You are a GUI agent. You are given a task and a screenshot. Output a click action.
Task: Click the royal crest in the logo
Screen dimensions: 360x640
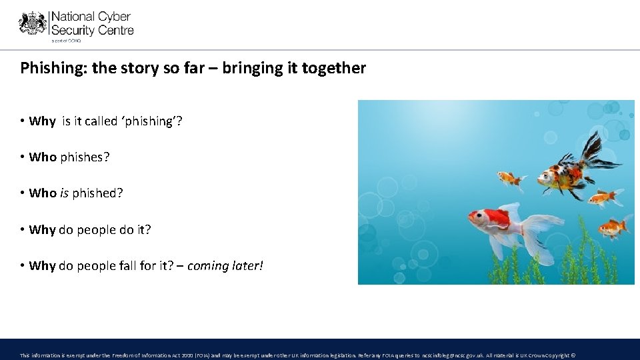pos(33,23)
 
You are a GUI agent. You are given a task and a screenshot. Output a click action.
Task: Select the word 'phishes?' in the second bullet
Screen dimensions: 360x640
pos(85,157)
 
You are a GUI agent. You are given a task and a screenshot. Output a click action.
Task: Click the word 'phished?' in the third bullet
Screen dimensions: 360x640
pos(98,193)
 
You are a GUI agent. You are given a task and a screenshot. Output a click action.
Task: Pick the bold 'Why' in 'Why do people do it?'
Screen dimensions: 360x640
pos(42,230)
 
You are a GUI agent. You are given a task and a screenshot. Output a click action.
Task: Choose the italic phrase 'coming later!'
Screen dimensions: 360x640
pos(225,266)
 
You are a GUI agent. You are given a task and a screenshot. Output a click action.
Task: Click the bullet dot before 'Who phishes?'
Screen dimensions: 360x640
pos(23,157)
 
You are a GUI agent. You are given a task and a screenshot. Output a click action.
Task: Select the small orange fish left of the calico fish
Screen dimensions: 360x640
pos(511,178)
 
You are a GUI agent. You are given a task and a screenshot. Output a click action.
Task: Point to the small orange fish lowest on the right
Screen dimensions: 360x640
pos(611,227)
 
